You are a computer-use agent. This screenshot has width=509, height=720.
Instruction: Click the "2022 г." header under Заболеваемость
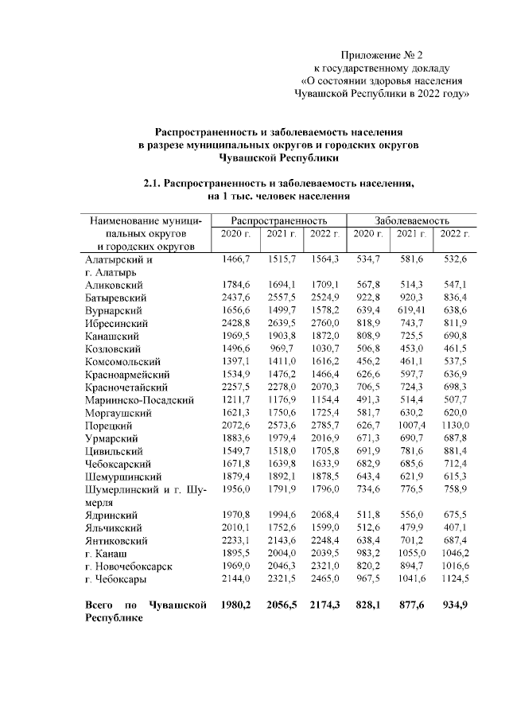[x=455, y=233]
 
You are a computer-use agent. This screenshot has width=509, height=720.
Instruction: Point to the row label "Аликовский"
[x=114, y=283]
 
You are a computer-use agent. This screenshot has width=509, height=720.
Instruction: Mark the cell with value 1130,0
[x=455, y=426]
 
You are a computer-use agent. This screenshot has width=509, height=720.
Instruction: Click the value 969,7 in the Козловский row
[x=282, y=348]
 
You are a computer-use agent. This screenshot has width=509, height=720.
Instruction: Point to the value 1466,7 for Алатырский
[x=236, y=259]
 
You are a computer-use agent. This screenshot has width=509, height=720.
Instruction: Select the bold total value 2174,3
[x=324, y=605]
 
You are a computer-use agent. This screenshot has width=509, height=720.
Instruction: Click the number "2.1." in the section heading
[x=153, y=183]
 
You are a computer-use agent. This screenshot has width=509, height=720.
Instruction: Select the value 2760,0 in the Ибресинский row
[x=324, y=323]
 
